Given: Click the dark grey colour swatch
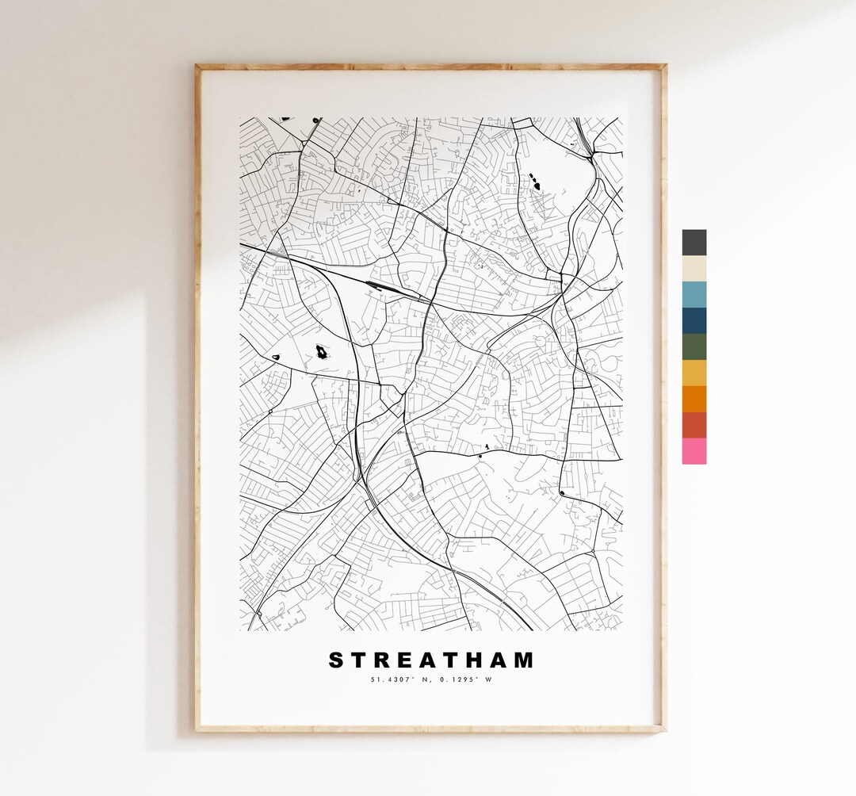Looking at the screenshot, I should point(694,243).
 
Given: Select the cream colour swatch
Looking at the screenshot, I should point(694,268).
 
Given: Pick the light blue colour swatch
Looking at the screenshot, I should point(694,294).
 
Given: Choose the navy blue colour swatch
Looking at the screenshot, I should point(694,320).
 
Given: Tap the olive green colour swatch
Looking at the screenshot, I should point(694,346).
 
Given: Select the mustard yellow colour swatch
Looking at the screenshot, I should point(694,373).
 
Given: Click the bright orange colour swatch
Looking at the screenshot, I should point(694,399).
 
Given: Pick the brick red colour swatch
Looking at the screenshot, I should point(694,425).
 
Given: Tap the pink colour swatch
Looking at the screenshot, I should point(694,451).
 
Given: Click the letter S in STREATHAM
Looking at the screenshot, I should point(337,660).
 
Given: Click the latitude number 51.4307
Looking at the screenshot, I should point(388,679).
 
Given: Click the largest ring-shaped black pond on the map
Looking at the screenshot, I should point(322,350).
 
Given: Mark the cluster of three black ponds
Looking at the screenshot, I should point(537,182).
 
